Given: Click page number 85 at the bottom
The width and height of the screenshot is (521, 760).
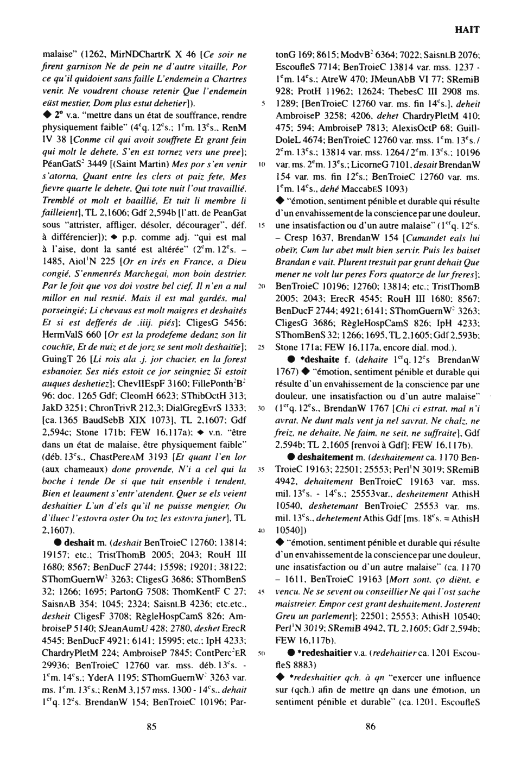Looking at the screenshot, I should tap(152, 727).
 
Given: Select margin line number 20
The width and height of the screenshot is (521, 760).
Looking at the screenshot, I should tap(262, 286).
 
